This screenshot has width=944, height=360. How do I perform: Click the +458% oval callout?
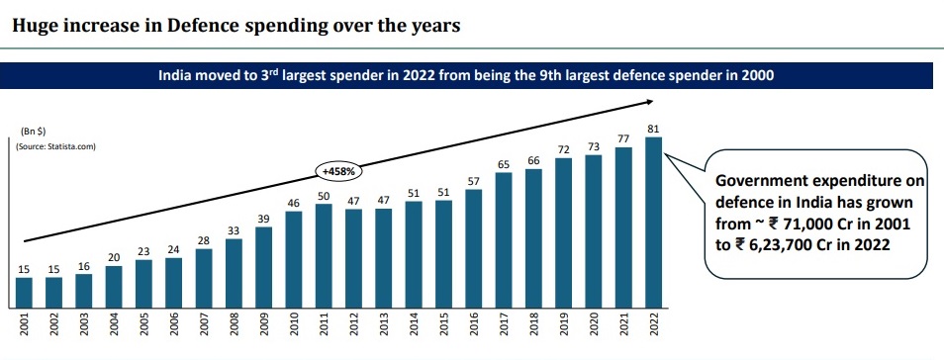[338, 169]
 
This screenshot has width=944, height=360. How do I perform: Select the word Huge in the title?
[31, 27]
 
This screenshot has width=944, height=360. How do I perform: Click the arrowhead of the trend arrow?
[649, 100]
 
